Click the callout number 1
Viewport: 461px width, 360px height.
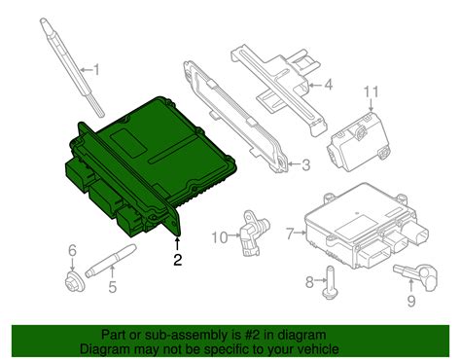(x=94, y=69)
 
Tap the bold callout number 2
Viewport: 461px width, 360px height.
(x=177, y=259)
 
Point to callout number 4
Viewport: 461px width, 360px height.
(x=329, y=85)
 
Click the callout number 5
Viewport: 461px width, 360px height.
(x=112, y=286)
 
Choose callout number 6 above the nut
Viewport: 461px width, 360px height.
(x=71, y=252)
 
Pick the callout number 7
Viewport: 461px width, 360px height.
(x=289, y=233)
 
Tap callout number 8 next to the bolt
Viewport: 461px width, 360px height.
(x=308, y=282)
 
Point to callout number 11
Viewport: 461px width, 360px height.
(x=369, y=91)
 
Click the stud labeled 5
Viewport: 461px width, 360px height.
(x=106, y=263)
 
